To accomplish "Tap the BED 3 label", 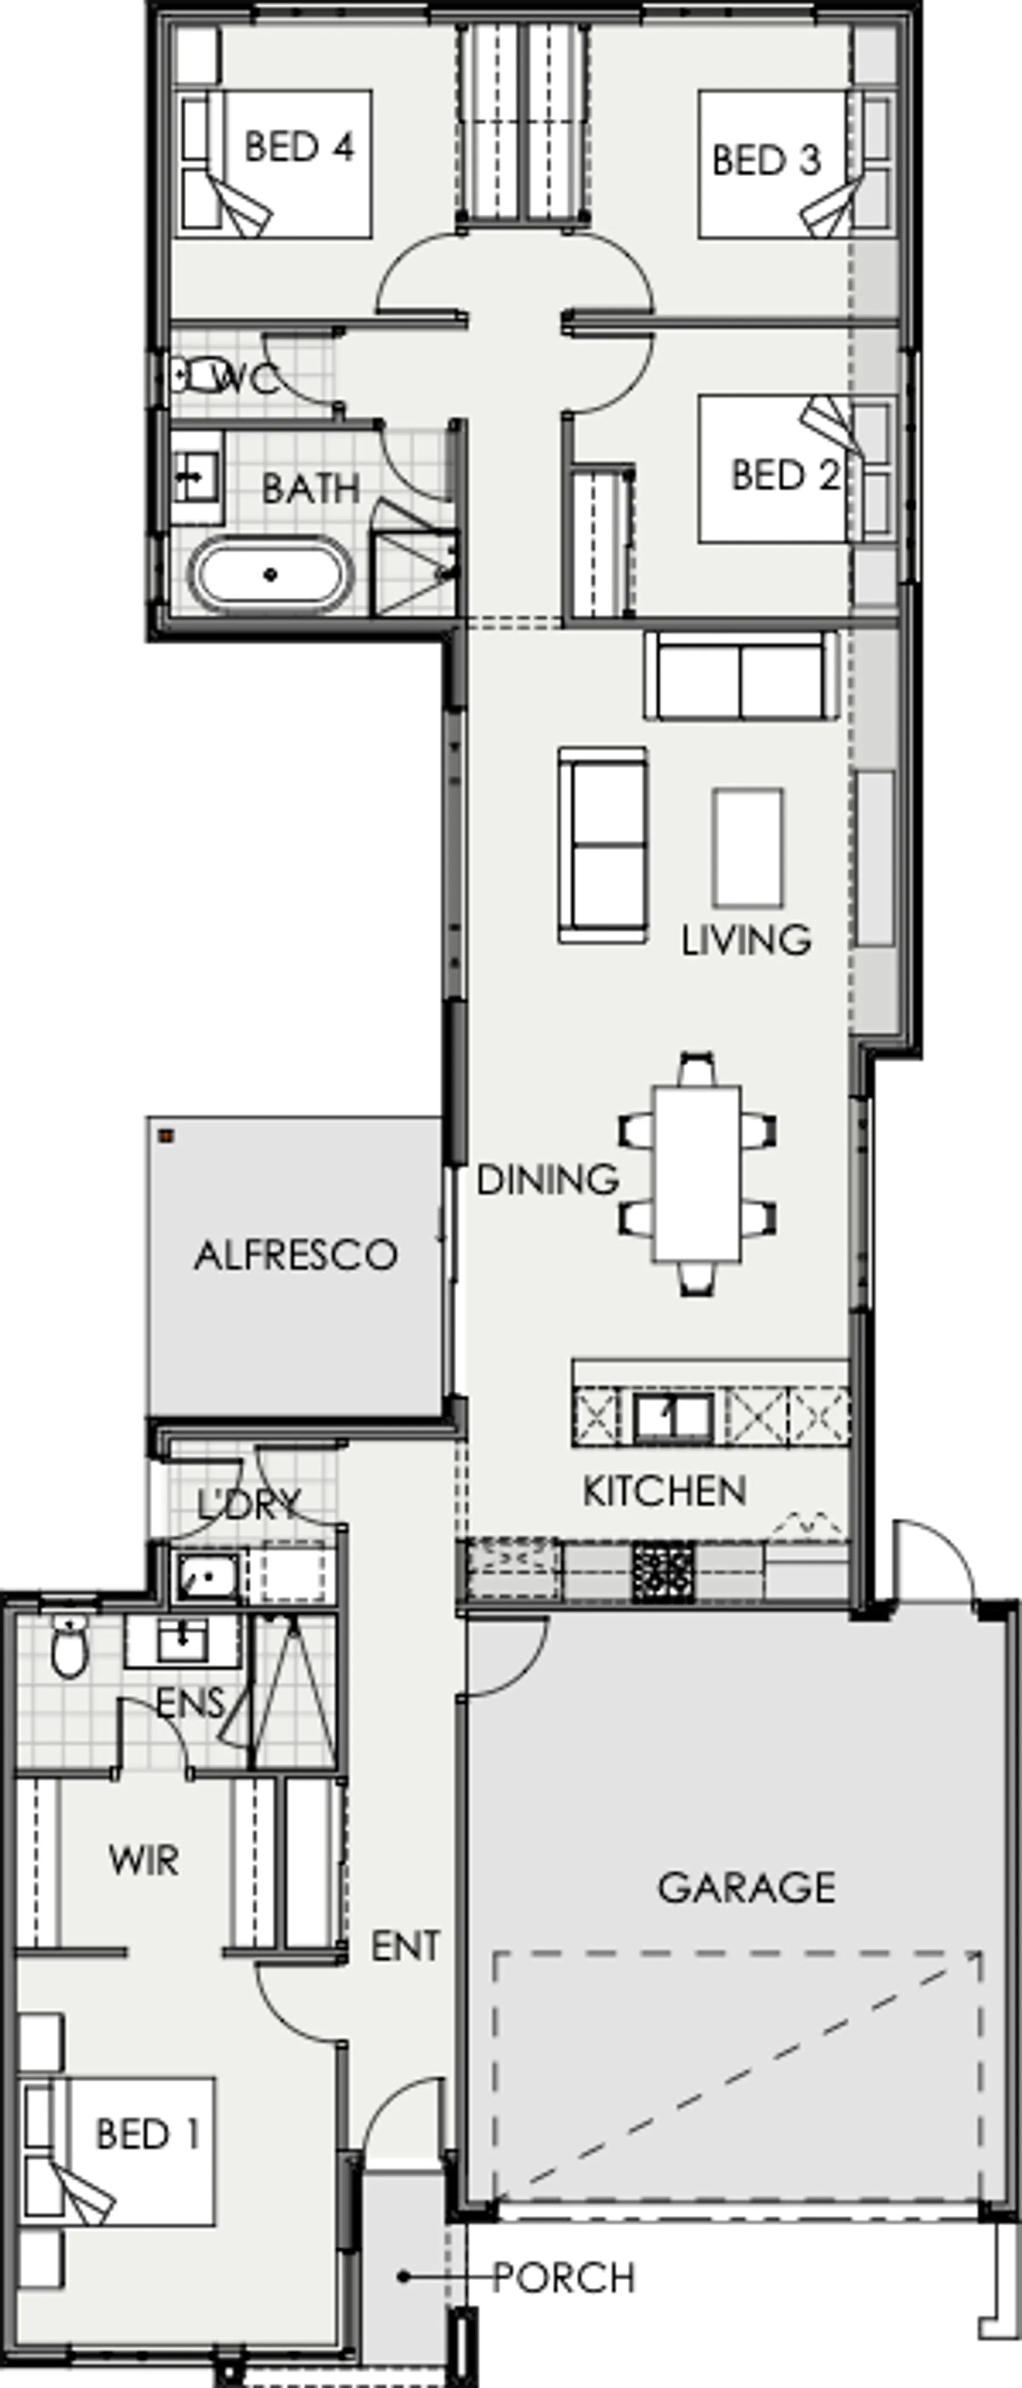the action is [767, 160].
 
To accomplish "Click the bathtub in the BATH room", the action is [271, 575].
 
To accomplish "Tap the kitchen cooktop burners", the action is [663, 1572].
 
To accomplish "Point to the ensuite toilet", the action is [69, 1646].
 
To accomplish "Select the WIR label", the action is [144, 1859].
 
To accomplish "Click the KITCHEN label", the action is [664, 1491].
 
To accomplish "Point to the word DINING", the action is [547, 1179].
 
